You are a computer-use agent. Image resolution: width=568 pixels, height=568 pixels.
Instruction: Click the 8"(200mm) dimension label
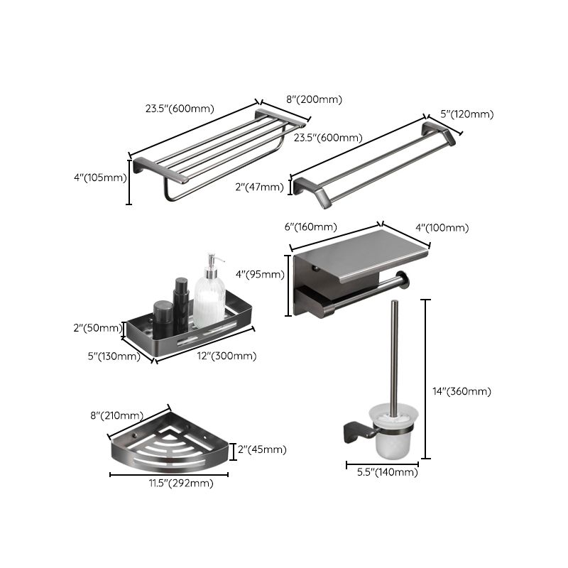(314, 100)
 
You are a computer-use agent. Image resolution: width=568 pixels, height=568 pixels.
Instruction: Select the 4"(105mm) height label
(99, 178)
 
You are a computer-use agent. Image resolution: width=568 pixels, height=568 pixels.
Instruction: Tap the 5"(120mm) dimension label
(466, 114)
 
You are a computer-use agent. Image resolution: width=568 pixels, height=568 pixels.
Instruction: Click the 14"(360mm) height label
(461, 390)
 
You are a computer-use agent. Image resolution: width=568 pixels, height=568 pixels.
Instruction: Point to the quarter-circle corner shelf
(170, 447)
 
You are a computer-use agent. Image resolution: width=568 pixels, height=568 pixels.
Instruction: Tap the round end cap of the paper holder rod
(405, 281)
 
